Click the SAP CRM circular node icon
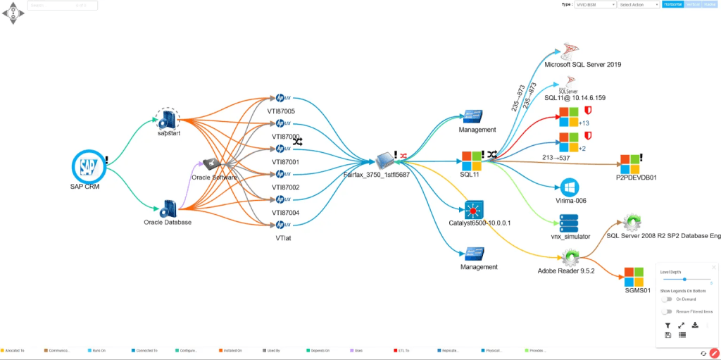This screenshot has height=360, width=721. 88,166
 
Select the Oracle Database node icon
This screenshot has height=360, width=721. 168,209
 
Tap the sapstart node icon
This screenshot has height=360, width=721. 168,120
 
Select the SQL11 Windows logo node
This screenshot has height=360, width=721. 470,160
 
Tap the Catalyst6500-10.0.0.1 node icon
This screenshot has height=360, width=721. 473,209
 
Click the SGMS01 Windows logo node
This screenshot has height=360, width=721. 635,275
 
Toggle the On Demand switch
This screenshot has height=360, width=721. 666,299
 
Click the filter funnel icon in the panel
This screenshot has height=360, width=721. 667,325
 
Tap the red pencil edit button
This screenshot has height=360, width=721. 714,353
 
